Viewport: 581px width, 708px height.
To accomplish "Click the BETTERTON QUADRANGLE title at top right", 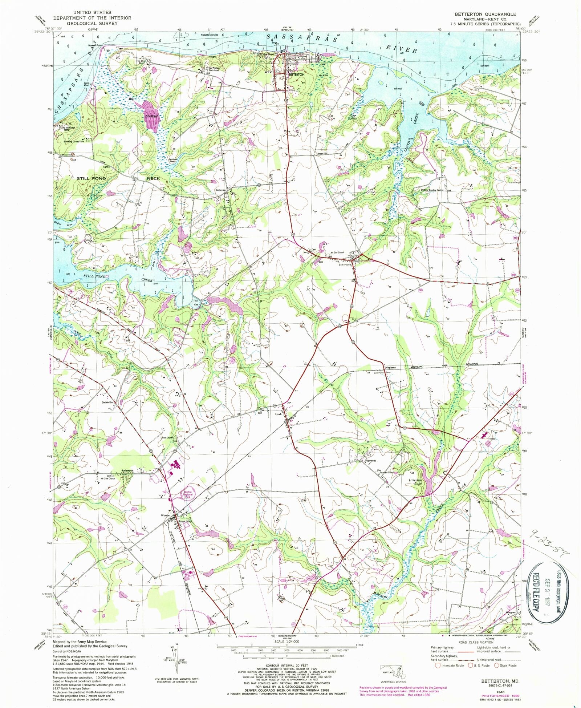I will tap(485, 14).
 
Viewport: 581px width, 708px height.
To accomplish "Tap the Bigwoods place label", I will tap(371, 461).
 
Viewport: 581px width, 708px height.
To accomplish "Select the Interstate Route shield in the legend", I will tap(438, 665).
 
